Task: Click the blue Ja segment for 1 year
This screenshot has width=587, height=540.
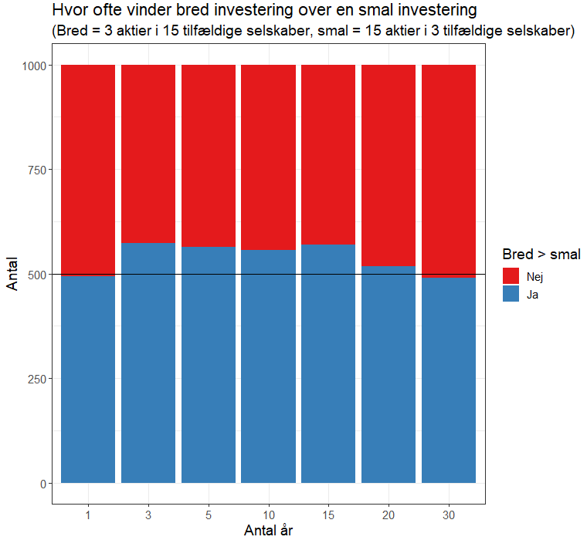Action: click(88, 379)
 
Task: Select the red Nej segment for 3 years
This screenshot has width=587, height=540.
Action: click(148, 154)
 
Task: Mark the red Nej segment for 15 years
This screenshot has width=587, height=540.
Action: click(328, 154)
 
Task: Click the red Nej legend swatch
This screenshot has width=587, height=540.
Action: click(511, 276)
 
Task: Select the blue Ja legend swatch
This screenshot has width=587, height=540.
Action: click(511, 294)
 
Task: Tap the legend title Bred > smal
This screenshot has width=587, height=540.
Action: click(541, 254)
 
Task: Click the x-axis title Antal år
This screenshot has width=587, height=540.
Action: click(268, 531)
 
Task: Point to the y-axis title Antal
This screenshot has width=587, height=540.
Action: click(13, 274)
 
